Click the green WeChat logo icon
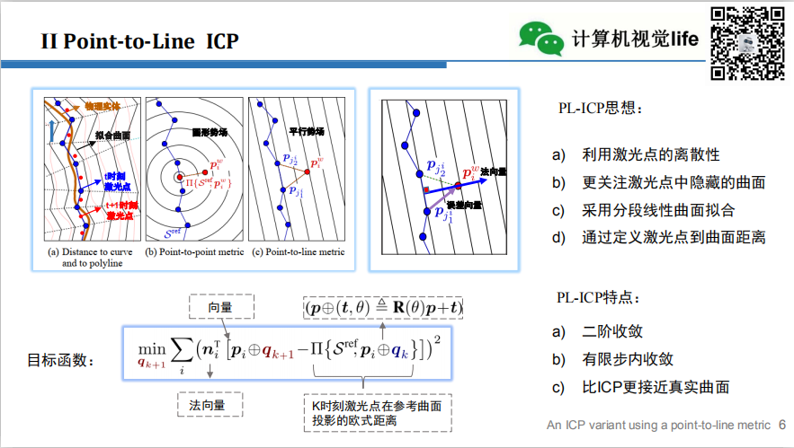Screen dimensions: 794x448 point(541,37)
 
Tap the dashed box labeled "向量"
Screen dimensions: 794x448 point(219,307)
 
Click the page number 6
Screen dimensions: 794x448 point(781,424)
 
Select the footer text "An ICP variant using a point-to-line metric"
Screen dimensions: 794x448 point(659,424)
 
